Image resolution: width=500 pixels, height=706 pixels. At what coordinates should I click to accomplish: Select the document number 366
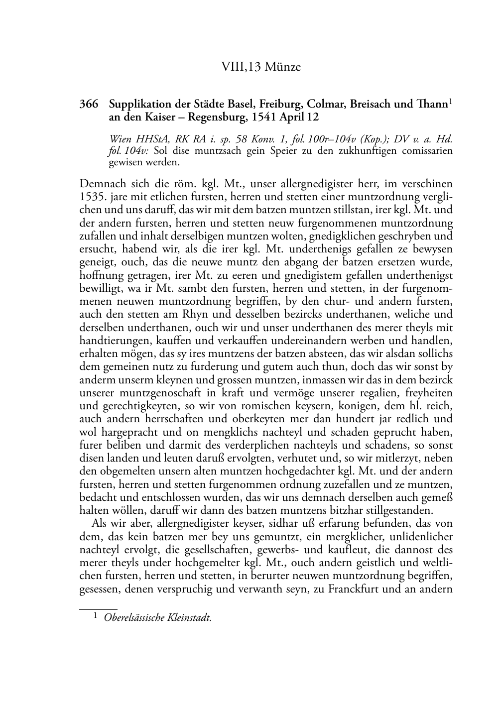coord(88,105)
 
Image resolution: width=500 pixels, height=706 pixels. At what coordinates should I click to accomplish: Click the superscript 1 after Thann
coord(450,102)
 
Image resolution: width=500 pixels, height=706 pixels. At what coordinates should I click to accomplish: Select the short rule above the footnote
coord(98,609)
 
